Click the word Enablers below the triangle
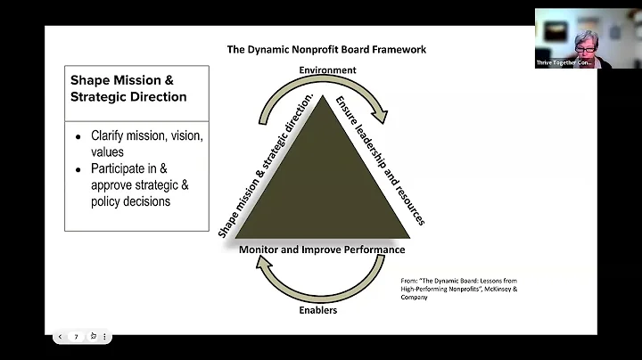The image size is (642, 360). coord(317,311)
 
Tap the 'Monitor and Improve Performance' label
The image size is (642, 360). coord(322,250)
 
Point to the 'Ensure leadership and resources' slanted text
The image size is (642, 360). coord(379,160)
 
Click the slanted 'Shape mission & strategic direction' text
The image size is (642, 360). coord(264,165)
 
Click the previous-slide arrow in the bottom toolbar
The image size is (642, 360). coord(59,337)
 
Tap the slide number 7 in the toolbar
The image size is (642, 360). coord(76,337)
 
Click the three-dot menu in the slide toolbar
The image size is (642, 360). coord(105,337)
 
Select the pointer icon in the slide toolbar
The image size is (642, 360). coord(92,337)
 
